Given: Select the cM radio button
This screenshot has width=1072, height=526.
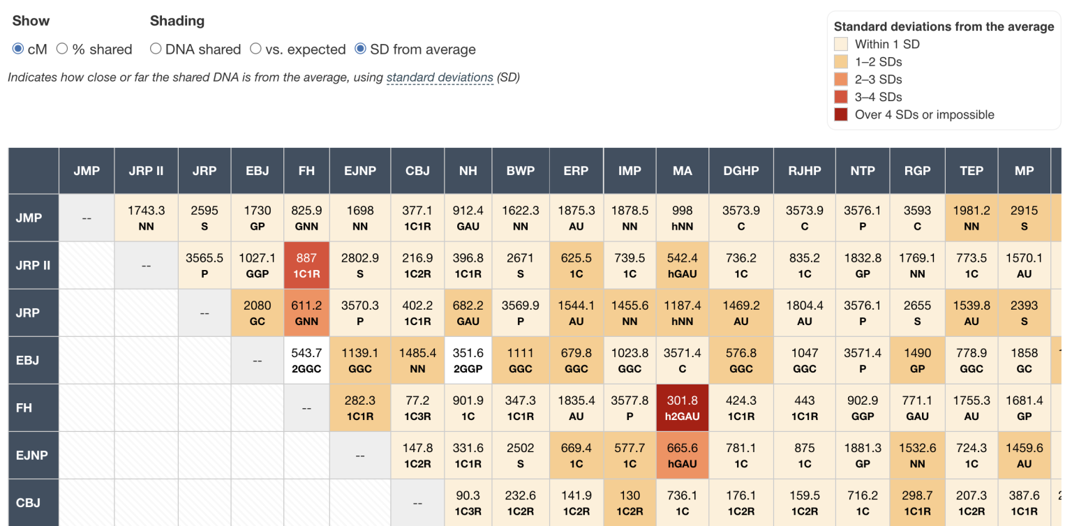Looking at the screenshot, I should coord(18,49).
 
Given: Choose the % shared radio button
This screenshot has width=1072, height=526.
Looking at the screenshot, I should coord(62,49).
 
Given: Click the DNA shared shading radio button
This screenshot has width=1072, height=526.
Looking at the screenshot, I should coord(156,49).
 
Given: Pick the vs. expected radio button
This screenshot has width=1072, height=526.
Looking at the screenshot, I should coord(255,49).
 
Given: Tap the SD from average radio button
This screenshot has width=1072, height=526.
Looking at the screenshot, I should coord(360,49).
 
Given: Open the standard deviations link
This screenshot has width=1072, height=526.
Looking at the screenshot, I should coord(440,77).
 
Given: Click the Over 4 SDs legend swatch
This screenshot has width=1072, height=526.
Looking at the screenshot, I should coord(841,114).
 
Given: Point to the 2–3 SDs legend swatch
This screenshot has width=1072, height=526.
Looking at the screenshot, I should coord(841,80).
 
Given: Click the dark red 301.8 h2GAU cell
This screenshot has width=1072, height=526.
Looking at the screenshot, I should coord(682,407).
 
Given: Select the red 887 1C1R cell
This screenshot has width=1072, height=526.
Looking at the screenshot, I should coord(306,265).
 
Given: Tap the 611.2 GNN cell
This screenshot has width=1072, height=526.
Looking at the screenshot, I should coord(306,313).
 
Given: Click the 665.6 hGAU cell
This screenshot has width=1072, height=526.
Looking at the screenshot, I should coord(682,455).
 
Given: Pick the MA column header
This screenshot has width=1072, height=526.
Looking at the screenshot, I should coord(682,171).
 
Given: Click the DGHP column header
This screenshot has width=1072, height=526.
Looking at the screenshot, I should coord(740,171).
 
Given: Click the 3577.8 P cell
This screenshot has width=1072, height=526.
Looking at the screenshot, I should coord(630,407).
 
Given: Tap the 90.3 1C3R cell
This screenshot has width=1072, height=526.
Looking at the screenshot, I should coord(468,502).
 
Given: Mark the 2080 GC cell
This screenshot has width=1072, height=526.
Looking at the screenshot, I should coord(258,313).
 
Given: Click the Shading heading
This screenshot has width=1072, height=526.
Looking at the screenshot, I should coord(177,21).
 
